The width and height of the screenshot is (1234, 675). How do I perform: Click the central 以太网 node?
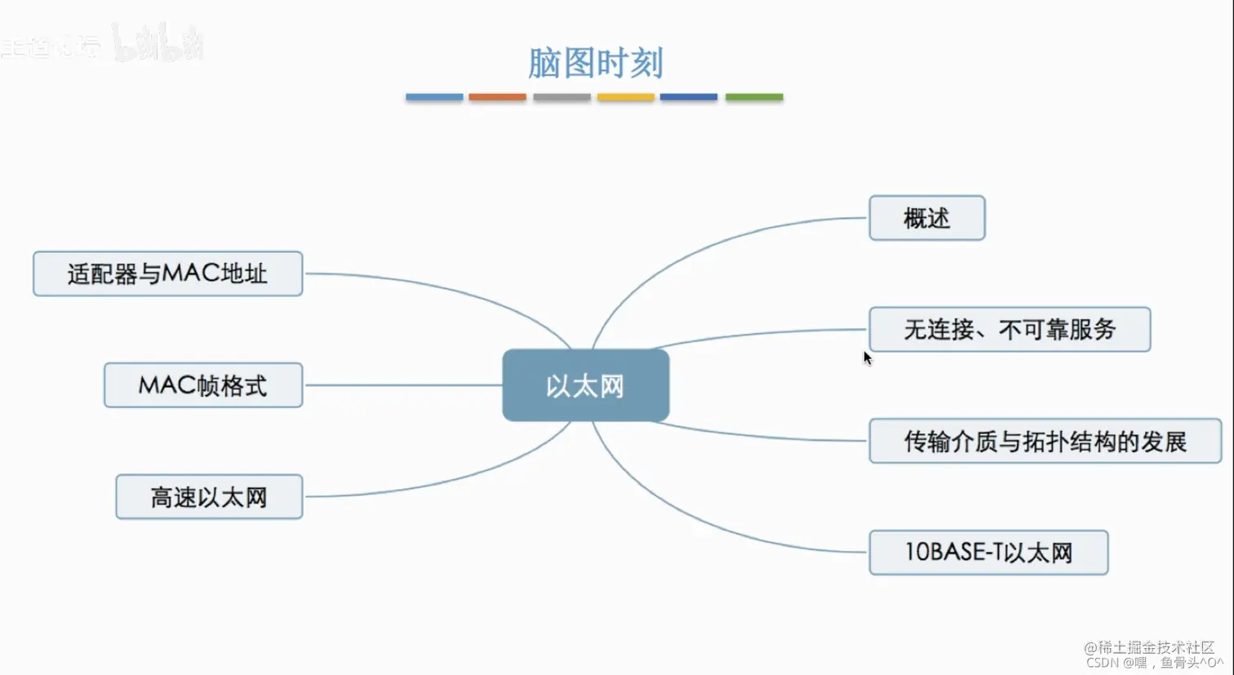(585, 385)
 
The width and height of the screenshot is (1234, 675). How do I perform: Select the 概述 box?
(926, 218)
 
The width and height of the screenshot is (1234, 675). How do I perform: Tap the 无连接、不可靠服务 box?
(1010, 330)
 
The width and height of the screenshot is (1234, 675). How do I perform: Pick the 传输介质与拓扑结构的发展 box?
(1045, 442)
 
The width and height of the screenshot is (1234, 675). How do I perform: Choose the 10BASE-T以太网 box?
(988, 553)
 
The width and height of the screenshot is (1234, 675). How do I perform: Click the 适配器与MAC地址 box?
(167, 273)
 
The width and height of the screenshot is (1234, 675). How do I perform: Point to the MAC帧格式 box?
(203, 385)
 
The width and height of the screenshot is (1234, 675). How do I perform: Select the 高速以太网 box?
(209, 497)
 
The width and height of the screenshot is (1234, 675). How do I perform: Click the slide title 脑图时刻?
(595, 63)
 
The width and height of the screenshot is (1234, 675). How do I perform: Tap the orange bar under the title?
(497, 97)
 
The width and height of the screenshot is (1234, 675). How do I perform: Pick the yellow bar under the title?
(625, 97)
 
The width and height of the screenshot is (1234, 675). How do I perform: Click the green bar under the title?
(754, 97)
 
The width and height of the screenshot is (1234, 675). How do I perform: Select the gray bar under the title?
(562, 97)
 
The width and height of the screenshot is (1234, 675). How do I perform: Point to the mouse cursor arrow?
(867, 357)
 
